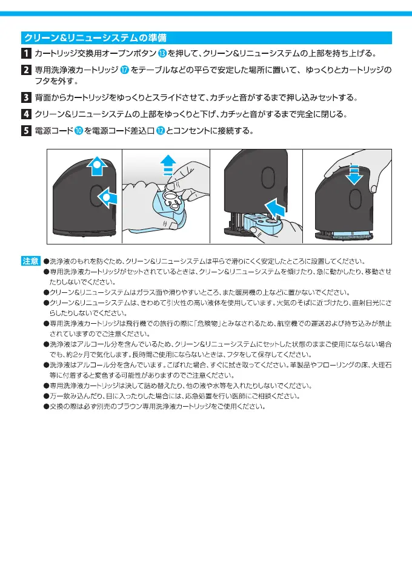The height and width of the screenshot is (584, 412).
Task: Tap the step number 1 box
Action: pos(27,53)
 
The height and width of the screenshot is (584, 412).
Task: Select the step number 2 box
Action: pos(27,70)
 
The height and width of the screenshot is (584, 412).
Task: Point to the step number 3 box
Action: pos(27,97)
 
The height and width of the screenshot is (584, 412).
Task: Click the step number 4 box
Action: pos(27,114)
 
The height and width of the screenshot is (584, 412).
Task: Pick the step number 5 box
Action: pos(27,130)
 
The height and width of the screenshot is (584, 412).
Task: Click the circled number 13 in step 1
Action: pos(162,53)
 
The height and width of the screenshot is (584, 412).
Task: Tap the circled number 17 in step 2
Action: pos(125,70)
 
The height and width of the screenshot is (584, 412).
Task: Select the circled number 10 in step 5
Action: pos(79,130)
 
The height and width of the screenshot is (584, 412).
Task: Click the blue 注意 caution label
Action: pos(30,261)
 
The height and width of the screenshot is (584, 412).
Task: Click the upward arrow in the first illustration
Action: pos(96,167)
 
